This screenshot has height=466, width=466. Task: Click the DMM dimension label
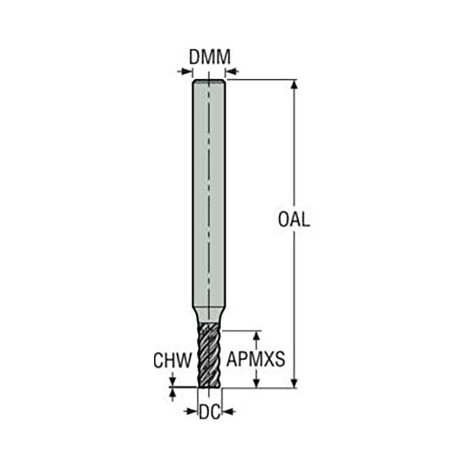click(210, 58)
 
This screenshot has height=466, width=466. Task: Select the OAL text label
click(294, 219)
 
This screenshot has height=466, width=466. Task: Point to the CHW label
click(173, 361)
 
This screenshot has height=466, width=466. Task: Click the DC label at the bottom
click(210, 411)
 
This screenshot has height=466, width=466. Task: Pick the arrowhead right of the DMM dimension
click(232, 71)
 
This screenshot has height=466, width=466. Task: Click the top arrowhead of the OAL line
click(294, 84)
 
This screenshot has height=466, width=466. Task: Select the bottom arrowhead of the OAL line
click(294, 383)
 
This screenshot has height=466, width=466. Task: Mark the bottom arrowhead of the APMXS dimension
click(256, 383)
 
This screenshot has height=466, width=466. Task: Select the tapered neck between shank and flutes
click(210, 315)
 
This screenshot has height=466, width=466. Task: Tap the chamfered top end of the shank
click(210, 82)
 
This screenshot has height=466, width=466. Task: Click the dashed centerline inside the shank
click(210, 186)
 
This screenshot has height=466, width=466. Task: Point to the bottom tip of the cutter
click(210, 385)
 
